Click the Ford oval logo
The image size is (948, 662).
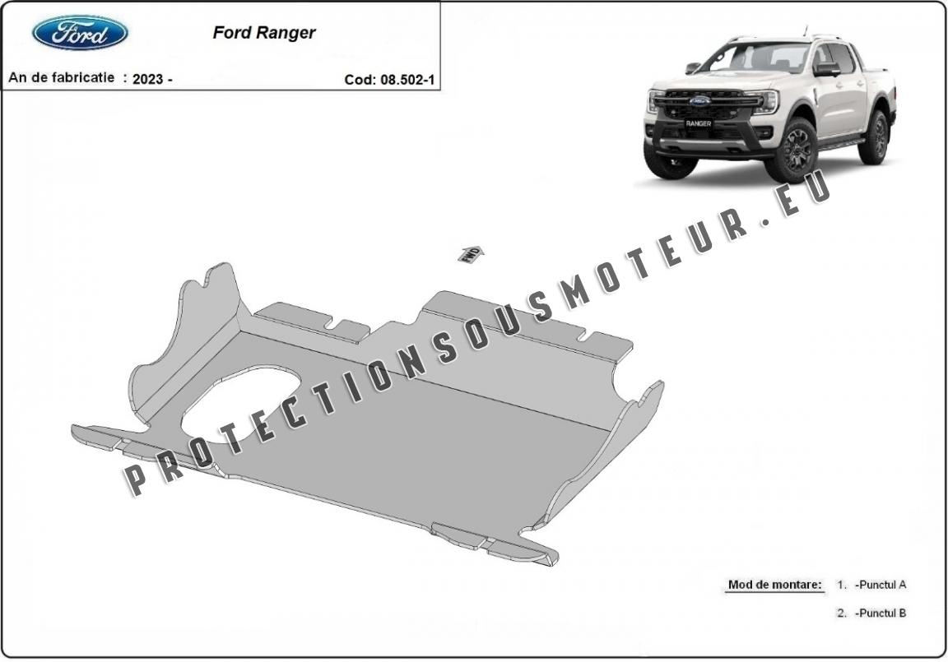(80, 33)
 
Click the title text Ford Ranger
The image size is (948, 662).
(264, 33)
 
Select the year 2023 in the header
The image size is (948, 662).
(147, 79)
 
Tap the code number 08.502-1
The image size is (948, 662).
(407, 80)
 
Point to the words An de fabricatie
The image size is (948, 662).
(61, 78)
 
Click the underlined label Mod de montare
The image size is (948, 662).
(774, 585)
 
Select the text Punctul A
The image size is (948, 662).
(881, 585)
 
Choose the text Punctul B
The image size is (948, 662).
(881, 613)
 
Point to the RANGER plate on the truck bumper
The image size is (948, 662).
(699, 123)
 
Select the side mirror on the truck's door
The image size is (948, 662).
(826, 69)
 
